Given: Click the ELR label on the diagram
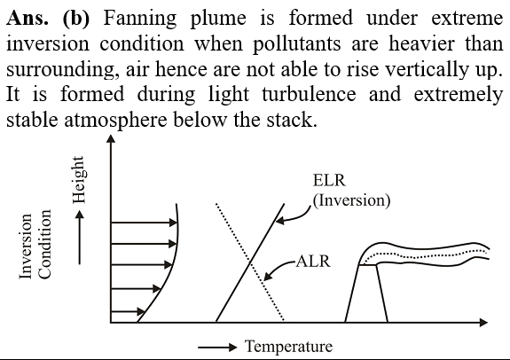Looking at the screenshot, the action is pos(329,180).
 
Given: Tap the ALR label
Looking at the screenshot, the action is pos(313,262).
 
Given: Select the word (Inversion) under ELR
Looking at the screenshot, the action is pos(351,200).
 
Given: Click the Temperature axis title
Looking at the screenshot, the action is pos(289,346).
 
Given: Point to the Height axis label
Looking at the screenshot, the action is pos(79,180).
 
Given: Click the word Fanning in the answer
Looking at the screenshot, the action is pos(140,19).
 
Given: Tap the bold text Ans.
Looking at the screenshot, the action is pos(27,18).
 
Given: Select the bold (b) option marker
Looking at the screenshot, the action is pos(75,19).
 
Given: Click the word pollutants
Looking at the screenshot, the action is pos(296,44).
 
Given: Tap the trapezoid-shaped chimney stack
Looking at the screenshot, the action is pos(366,293).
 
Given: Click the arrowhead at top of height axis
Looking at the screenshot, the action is pos(111,138).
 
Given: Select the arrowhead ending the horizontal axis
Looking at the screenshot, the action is pos(484,322).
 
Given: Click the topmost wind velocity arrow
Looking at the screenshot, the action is pos(144,223).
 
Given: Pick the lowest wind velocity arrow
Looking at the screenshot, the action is pos(128,311).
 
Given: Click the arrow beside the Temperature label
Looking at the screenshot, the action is pos(217,348).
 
